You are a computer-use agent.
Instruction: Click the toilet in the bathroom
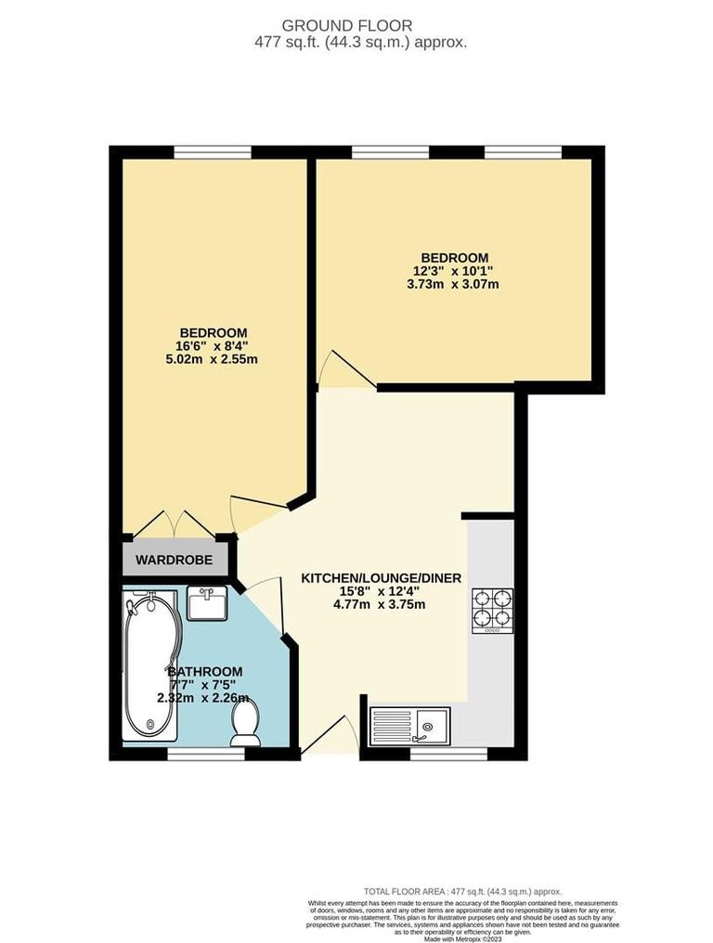click(x=246, y=721)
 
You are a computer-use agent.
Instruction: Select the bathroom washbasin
click(x=205, y=604)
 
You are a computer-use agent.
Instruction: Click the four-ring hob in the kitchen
click(x=492, y=610)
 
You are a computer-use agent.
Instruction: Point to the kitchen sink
click(x=409, y=725)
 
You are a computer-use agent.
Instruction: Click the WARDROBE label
click(x=175, y=560)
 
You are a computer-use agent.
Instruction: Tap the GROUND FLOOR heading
click(x=360, y=25)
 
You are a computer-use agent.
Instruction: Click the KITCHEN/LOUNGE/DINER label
click(x=382, y=577)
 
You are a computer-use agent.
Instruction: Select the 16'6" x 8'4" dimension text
click(x=213, y=346)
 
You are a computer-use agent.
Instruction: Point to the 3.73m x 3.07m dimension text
click(x=455, y=284)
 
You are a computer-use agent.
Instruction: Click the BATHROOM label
click(x=205, y=671)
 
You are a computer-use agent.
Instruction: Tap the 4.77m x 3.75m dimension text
click(x=382, y=604)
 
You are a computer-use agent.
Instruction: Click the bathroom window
click(x=206, y=755)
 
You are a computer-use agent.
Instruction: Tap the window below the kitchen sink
click(x=448, y=755)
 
